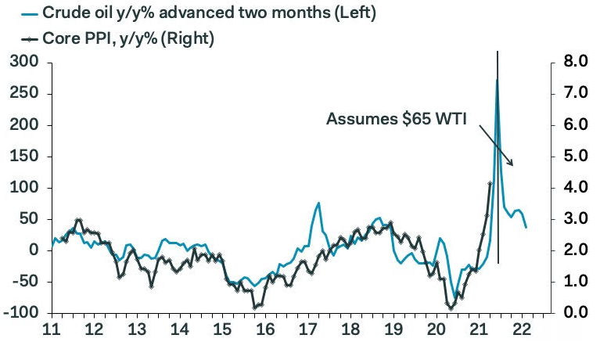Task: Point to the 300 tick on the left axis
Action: tap(26, 63)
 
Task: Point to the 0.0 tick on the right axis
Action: tap(569, 313)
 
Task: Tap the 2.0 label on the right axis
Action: tap(569, 250)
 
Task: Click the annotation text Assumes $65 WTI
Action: tap(396, 119)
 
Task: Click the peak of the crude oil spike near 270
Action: tap(497, 81)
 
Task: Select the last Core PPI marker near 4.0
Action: tap(490, 183)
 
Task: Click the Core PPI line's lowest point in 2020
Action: tap(451, 308)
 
